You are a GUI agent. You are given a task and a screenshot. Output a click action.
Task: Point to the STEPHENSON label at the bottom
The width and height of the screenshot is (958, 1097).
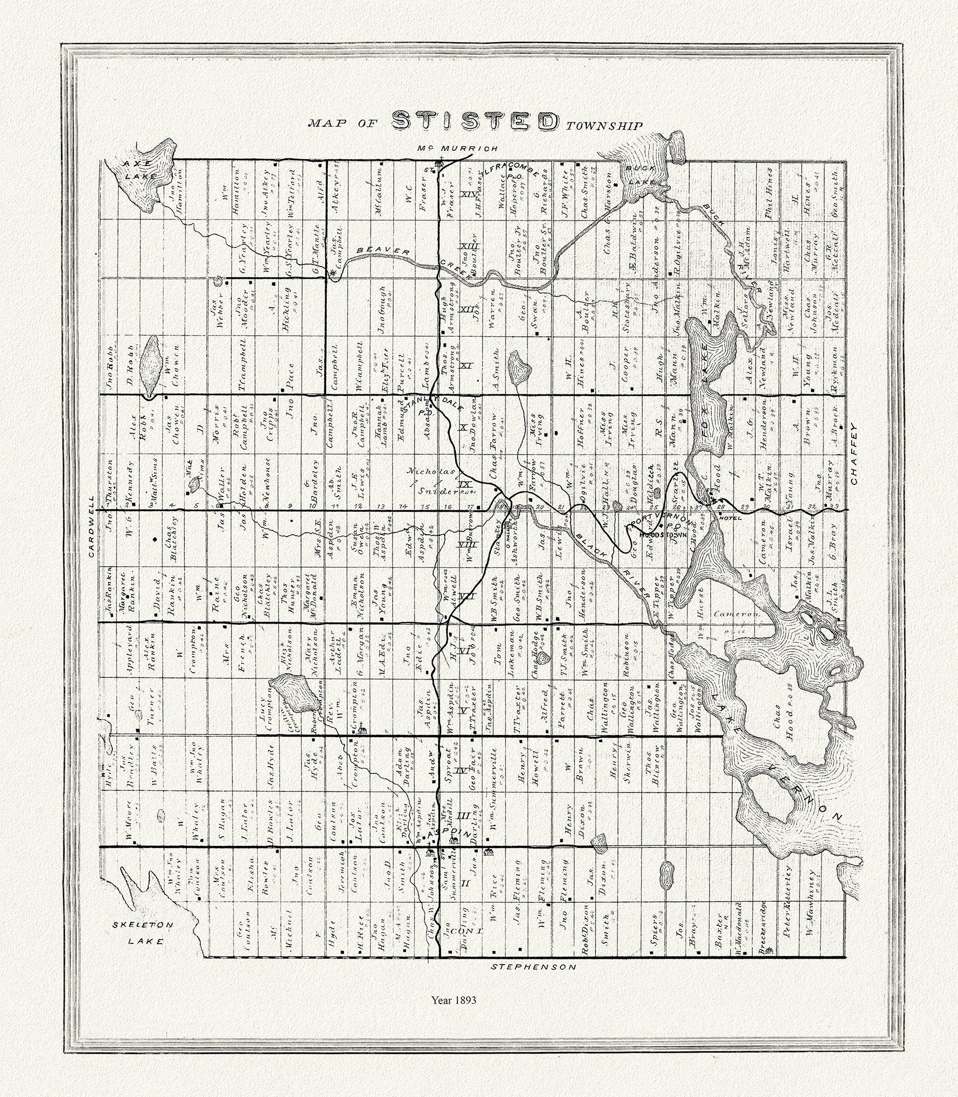[533, 966]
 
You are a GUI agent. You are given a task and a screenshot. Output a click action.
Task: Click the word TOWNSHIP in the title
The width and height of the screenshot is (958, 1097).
[604, 126]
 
